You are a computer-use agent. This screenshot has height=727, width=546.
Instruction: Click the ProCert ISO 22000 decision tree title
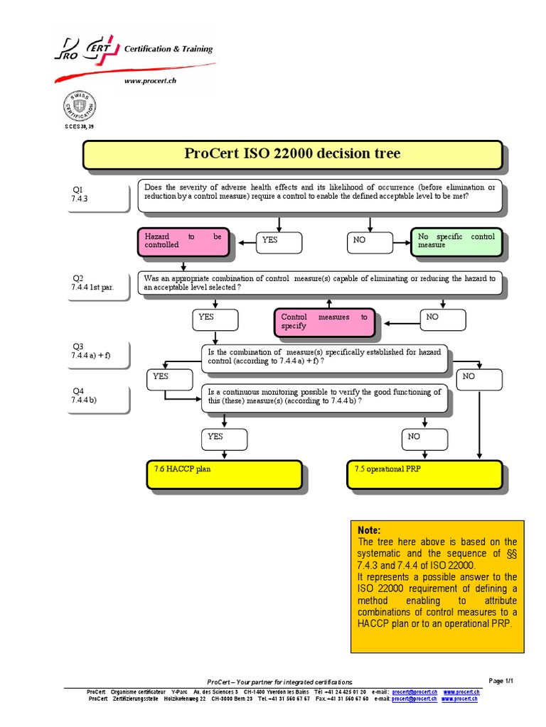(x=292, y=154)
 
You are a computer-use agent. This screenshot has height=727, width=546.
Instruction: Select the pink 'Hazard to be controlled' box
(x=183, y=241)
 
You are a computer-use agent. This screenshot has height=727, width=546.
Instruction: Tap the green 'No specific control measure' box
(x=456, y=241)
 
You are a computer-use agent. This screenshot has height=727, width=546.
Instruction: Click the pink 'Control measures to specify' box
(x=323, y=322)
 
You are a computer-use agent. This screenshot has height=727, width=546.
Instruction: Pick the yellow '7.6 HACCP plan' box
(x=224, y=474)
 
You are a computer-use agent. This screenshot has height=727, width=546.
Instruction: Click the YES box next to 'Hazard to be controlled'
(x=279, y=241)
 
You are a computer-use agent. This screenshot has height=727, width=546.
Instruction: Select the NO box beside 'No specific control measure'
(x=370, y=241)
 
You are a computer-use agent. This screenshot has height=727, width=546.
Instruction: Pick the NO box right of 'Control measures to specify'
(x=444, y=319)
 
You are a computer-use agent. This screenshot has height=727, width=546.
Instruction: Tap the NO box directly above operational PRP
(x=424, y=439)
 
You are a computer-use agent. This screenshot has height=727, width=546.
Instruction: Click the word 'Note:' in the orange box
(x=370, y=530)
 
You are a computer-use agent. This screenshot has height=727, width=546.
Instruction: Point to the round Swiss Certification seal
(x=80, y=107)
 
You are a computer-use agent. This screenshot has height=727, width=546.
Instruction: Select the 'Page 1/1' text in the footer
(x=501, y=680)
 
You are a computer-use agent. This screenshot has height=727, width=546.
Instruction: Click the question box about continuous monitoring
(x=326, y=398)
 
